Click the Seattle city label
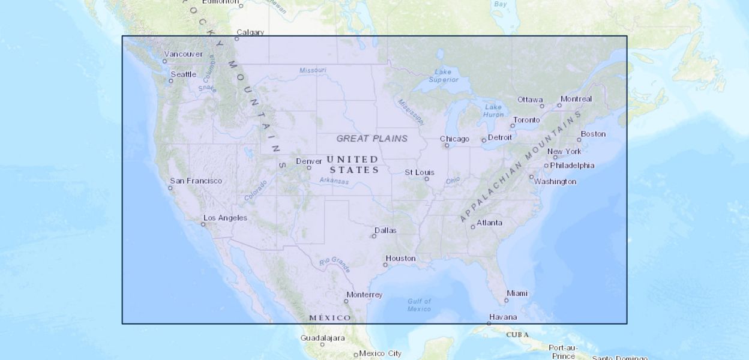click(184, 74)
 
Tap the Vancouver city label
click(184, 54)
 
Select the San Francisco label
click(196, 181)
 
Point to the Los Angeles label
click(225, 218)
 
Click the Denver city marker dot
click(309, 167)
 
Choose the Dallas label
click(385, 230)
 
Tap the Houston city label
click(400, 258)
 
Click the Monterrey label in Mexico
click(364, 295)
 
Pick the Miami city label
click(517, 293)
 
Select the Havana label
click(502, 317)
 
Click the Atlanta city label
click(489, 223)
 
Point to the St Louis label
click(419, 172)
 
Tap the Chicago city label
click(454, 139)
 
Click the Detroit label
click(500, 137)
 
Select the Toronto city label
click(526, 119)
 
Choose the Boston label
click(593, 134)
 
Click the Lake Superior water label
click(444, 76)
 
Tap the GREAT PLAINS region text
click(371, 139)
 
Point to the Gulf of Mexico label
click(419, 305)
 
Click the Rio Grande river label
click(335, 262)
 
